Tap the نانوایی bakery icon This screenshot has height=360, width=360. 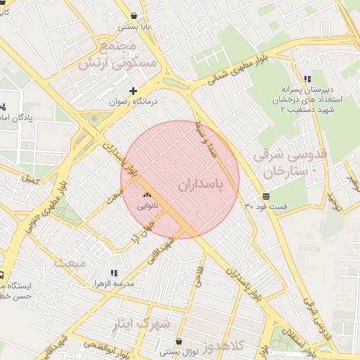(147, 195)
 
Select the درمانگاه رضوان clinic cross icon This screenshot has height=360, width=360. (133, 91)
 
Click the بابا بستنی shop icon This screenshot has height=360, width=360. (134, 15)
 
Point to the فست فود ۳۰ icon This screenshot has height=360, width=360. (265, 196)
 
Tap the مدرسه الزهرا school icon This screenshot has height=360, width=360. (113, 273)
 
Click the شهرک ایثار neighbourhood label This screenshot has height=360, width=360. (141, 324)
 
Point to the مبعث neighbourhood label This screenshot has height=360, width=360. (72, 263)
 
